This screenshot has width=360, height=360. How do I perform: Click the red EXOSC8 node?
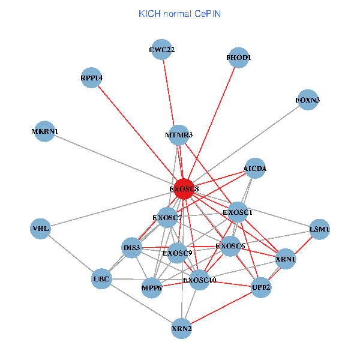tap(184, 188)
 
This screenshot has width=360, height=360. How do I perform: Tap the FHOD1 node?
tap(239, 58)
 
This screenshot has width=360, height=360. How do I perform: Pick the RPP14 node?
tap(91, 78)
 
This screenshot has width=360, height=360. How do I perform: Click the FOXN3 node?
tap(308, 100)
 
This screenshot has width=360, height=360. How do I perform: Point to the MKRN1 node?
tap(45, 132)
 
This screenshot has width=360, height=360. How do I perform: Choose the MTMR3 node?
tap(178, 135)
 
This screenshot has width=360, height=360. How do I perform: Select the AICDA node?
tap(255, 169)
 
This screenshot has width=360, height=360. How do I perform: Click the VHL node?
tap(41, 229)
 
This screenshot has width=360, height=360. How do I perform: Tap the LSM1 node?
tap(319, 229)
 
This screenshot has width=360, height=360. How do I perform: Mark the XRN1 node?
tap(286, 259)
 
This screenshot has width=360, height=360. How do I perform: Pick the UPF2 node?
tap(262, 287)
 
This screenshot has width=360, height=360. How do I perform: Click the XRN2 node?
tap(181, 328)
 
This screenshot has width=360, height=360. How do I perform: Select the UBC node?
tap(101, 279)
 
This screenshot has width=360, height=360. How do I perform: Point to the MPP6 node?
tap(152, 288)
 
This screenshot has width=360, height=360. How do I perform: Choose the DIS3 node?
tap(131, 248)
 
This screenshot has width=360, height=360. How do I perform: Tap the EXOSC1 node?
tap(238, 212)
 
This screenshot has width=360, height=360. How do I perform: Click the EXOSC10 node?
tap(200, 280)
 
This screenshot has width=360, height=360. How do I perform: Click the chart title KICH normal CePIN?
tap(179, 13)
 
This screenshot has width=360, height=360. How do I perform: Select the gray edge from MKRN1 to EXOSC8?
tap(114, 160)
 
